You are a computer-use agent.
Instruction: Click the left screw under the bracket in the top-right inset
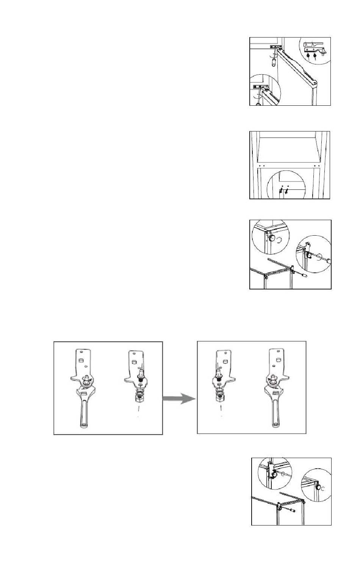(x=309, y=56)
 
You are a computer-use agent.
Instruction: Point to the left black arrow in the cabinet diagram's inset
(x=280, y=191)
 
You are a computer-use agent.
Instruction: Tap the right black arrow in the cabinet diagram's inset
(x=286, y=191)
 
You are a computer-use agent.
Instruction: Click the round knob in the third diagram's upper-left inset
(x=272, y=238)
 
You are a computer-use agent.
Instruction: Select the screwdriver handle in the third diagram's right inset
(x=326, y=261)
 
